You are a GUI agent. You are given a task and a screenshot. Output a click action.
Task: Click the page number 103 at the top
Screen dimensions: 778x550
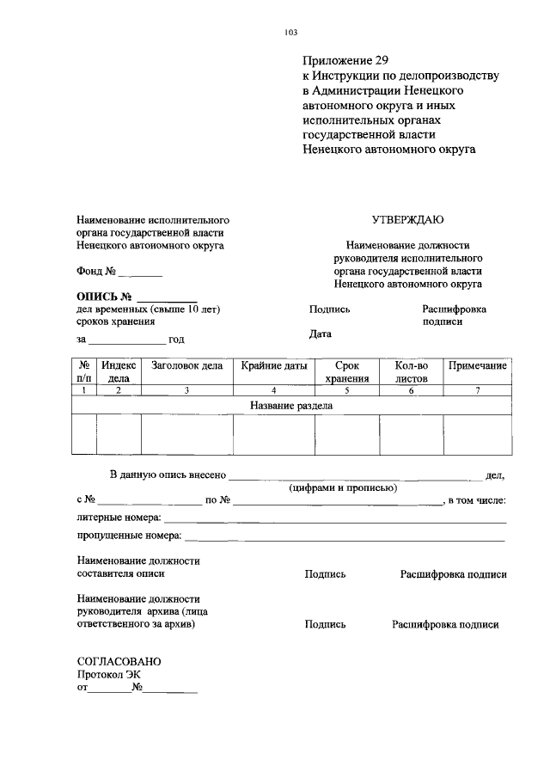[290, 33]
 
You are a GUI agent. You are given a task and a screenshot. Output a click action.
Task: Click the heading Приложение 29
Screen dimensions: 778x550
[345, 61]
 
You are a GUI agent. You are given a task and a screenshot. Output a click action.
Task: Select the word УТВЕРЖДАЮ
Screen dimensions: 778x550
[407, 220]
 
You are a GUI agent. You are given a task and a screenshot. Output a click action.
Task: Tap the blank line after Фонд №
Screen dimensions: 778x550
[140, 274]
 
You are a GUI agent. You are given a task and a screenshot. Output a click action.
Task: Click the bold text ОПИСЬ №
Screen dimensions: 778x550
[108, 297]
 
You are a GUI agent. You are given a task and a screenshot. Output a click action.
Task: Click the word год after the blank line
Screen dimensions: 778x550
[176, 340]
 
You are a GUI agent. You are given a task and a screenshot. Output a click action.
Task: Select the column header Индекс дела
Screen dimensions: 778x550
[119, 371]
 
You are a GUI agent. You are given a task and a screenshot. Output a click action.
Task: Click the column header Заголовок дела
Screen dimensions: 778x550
[186, 365]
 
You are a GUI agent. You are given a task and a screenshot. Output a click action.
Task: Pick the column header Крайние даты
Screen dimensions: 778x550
[273, 365]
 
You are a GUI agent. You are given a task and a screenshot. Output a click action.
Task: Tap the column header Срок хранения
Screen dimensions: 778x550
[346, 371]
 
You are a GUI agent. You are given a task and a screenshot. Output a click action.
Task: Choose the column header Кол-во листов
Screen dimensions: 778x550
[411, 371]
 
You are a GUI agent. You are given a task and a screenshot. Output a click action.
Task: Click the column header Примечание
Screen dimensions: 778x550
[477, 365]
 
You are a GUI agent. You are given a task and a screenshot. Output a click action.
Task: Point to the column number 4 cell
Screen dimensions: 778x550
[273, 390]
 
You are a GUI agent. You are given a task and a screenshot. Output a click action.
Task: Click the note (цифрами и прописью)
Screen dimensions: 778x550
[342, 487]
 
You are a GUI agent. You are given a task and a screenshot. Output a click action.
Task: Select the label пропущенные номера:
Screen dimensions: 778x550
[128, 536]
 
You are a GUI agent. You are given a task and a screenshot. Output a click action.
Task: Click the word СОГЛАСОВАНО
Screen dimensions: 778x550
[119, 662]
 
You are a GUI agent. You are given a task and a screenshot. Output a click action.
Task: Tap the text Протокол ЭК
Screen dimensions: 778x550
[108, 675]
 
